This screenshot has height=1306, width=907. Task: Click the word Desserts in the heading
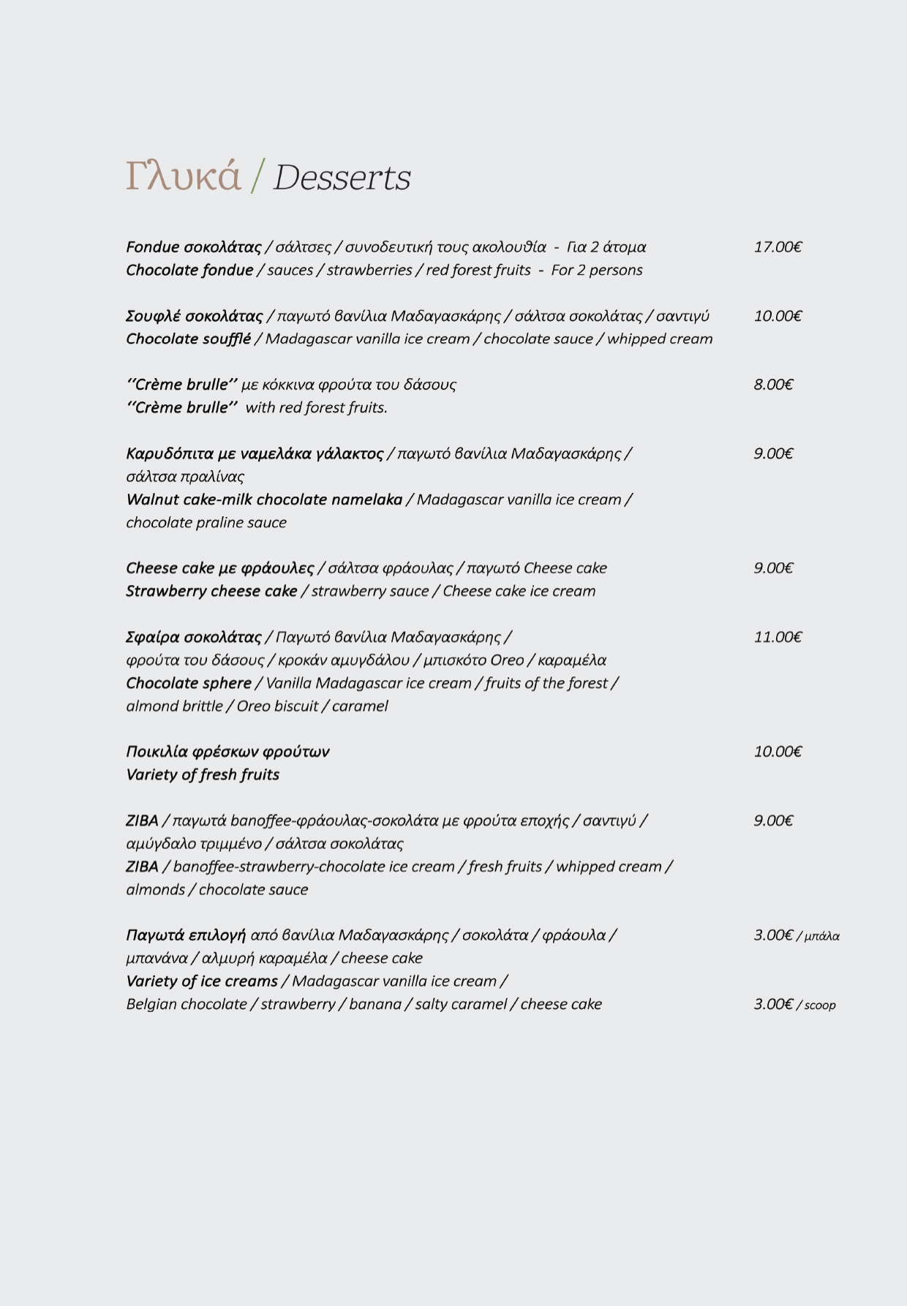pyautogui.click(x=342, y=178)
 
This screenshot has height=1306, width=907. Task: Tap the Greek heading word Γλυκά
pyautogui.click(x=183, y=177)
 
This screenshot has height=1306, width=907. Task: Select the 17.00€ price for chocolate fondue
pyautogui.click(x=778, y=247)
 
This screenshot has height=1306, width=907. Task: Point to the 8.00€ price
pyautogui.click(x=773, y=385)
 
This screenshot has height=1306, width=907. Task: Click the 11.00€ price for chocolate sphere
pyautogui.click(x=778, y=637)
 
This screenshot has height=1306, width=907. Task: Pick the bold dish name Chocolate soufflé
pyautogui.click(x=188, y=339)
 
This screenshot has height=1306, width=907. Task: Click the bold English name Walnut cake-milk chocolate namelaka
pyautogui.click(x=264, y=500)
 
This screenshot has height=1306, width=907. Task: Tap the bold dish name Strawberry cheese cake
pyautogui.click(x=211, y=592)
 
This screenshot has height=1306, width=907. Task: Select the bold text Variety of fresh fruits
pyautogui.click(x=203, y=775)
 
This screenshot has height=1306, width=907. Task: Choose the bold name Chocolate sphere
pyautogui.click(x=189, y=684)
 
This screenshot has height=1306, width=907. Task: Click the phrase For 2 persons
pyautogui.click(x=596, y=271)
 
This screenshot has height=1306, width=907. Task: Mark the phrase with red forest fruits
pyautogui.click(x=316, y=408)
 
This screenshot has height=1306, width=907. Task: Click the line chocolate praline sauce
pyautogui.click(x=206, y=523)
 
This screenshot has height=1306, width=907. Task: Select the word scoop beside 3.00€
pyautogui.click(x=820, y=1005)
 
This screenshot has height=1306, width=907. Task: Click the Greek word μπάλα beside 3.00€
pyautogui.click(x=822, y=936)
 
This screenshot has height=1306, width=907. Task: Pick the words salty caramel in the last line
pyautogui.click(x=461, y=1005)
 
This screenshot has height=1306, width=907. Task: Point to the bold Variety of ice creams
pyautogui.click(x=202, y=981)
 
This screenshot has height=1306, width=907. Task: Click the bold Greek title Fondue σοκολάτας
pyautogui.click(x=194, y=247)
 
